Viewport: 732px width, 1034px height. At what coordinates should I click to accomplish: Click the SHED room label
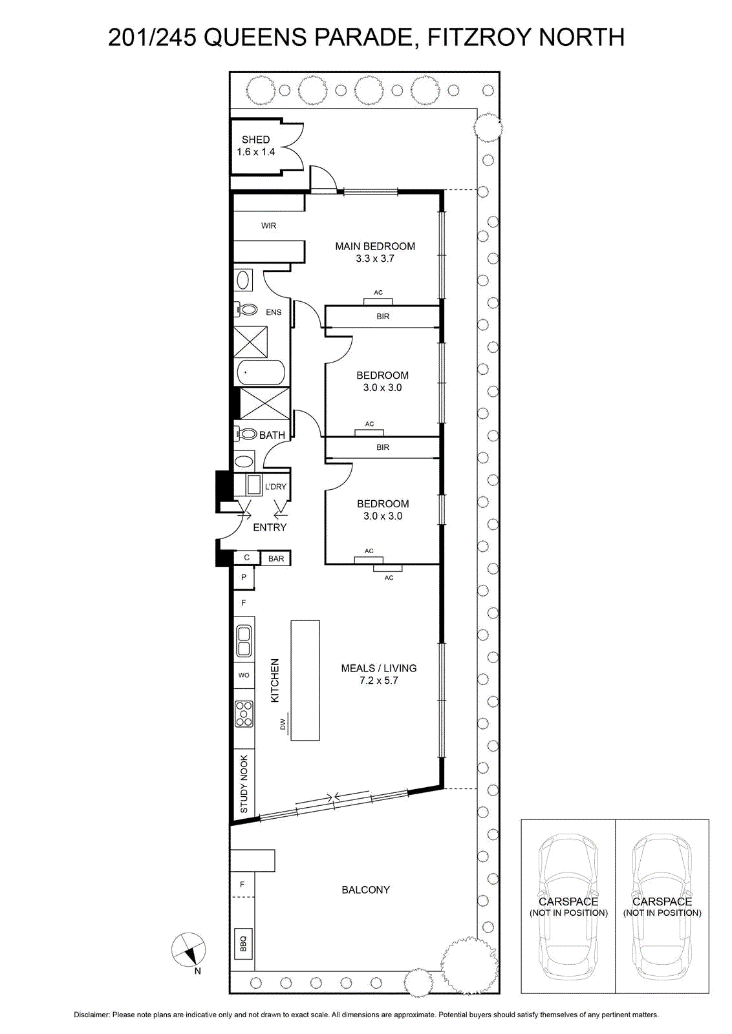click(256, 140)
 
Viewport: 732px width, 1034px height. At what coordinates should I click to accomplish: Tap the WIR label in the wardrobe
click(268, 226)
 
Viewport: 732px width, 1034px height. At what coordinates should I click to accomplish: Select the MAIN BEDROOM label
click(375, 246)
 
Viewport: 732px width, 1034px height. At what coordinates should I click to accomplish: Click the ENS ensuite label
click(274, 313)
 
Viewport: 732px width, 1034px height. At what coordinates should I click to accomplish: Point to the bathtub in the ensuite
click(261, 372)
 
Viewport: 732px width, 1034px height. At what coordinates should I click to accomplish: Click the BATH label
click(272, 435)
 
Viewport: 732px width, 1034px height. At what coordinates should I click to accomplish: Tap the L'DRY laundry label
click(275, 487)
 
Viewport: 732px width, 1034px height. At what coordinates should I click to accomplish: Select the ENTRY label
click(270, 527)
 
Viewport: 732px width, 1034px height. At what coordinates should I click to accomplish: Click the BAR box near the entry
click(275, 558)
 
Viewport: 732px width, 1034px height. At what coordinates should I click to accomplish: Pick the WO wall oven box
click(244, 675)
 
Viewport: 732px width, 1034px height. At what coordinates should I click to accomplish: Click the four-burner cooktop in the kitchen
click(244, 714)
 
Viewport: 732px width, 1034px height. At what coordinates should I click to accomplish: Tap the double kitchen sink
click(244, 640)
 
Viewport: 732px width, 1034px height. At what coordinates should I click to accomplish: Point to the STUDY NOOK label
click(244, 785)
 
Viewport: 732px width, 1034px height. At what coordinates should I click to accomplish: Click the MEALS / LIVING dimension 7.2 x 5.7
click(379, 681)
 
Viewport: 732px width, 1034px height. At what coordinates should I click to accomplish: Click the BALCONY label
click(366, 889)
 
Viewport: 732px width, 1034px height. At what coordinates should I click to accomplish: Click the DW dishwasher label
click(283, 724)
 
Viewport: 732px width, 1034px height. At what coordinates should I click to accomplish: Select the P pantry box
click(244, 577)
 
